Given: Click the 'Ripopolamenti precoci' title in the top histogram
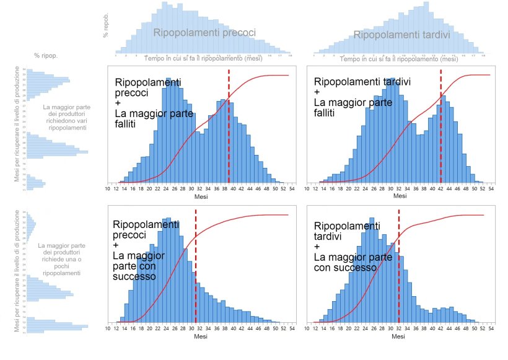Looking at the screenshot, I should click(x=204, y=33).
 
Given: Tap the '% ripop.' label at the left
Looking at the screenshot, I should click(x=46, y=56).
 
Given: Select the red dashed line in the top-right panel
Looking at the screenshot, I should click(x=440, y=124).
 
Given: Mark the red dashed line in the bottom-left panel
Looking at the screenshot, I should click(x=196, y=266).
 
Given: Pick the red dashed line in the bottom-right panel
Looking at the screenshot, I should click(x=398, y=266).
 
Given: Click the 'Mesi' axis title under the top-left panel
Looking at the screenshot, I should click(x=201, y=196).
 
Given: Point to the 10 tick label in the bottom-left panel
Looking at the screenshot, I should click(x=108, y=328).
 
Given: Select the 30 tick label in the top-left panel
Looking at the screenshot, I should click(x=192, y=188).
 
